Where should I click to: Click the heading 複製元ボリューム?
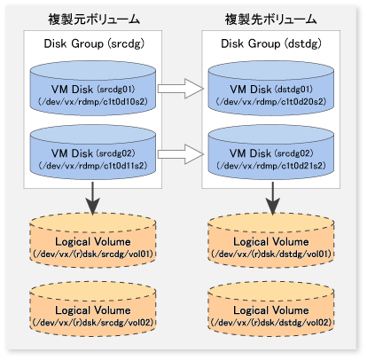(94, 20)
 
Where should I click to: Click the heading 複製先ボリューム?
(270, 20)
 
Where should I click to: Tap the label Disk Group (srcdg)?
(94, 43)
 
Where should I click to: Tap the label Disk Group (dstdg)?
(271, 43)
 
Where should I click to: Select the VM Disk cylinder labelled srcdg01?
(93, 89)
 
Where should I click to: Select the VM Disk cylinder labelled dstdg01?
(271, 89)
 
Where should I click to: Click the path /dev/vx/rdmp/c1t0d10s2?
(93, 102)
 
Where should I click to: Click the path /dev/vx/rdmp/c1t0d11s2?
(93, 166)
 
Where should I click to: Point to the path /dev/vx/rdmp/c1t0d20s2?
(271, 102)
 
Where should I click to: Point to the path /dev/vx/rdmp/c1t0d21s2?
(271, 166)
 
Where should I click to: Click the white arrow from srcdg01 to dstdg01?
(181, 89)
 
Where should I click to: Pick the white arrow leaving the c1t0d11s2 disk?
(181, 154)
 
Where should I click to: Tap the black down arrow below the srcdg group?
(93, 199)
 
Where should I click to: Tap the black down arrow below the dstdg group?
(272, 199)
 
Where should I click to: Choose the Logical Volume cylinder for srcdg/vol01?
(93, 240)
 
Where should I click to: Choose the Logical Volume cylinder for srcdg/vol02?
(93, 309)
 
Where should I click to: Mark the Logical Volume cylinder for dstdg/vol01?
(271, 240)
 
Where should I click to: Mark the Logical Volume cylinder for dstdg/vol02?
(271, 309)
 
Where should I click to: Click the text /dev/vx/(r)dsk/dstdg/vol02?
(271, 322)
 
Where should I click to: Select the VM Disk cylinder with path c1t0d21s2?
(271, 153)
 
